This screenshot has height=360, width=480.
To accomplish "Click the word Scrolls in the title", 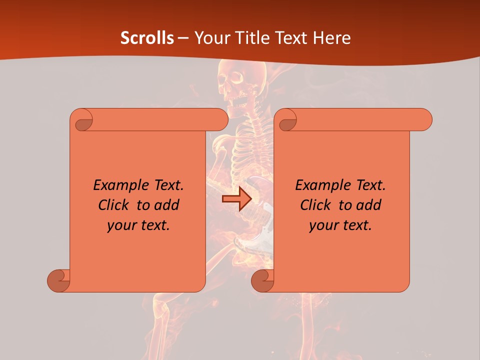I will click(147, 38).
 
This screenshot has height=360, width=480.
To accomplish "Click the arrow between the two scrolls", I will click(236, 199).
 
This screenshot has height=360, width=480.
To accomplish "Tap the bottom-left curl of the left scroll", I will click(59, 280).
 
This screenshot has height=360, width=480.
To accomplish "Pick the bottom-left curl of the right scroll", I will click(263, 280).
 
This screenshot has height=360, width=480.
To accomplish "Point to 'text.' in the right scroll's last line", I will click(358, 225).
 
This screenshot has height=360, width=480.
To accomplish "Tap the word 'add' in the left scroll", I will click(166, 205).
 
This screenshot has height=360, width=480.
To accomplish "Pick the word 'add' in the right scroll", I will click(368, 205).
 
